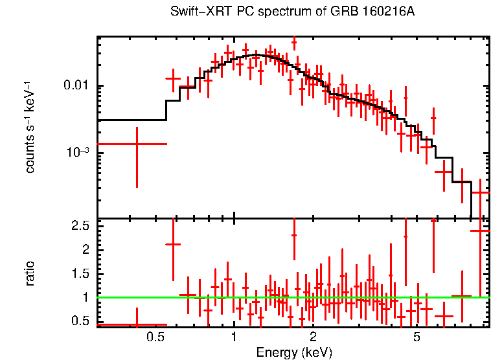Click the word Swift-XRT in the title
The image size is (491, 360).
click(194, 12)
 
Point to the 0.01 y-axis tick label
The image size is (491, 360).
click(78, 86)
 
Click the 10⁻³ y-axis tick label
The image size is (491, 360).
click(78, 152)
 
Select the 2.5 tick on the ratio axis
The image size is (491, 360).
click(80, 226)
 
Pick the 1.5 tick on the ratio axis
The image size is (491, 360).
click(80, 274)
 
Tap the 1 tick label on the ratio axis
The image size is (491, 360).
click(86, 297)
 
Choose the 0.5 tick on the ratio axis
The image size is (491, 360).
click(80, 321)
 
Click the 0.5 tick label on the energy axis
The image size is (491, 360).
click(154, 337)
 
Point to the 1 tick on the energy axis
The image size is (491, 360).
click(234, 337)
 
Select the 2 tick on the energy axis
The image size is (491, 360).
click(313, 337)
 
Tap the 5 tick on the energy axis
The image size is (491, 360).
click(417, 337)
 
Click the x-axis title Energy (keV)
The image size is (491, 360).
click(294, 352)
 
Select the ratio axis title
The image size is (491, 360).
click(30, 273)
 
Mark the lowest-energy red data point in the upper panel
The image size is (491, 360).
click(137, 144)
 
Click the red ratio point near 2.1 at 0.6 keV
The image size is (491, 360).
click(173, 244)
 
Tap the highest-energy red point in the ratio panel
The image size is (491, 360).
click(480, 231)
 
